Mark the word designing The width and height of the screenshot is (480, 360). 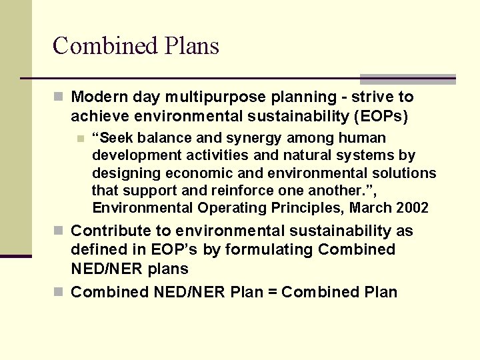(123, 173)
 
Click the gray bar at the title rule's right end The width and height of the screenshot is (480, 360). (407, 79)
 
